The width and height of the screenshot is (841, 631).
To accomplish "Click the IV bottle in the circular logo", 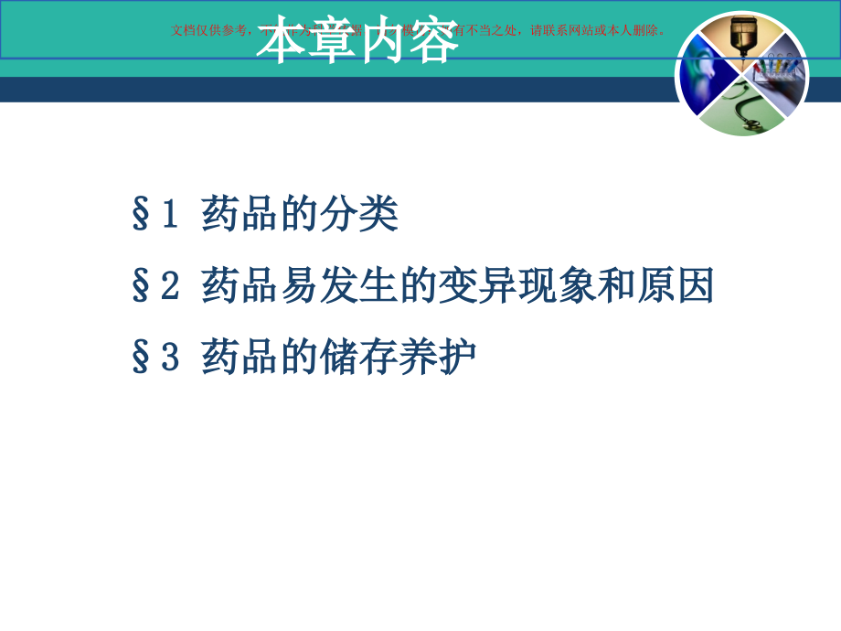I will click(x=741, y=41).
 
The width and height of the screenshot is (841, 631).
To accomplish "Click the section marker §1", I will click(x=154, y=215).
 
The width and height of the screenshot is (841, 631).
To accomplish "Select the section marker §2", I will click(x=154, y=286).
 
